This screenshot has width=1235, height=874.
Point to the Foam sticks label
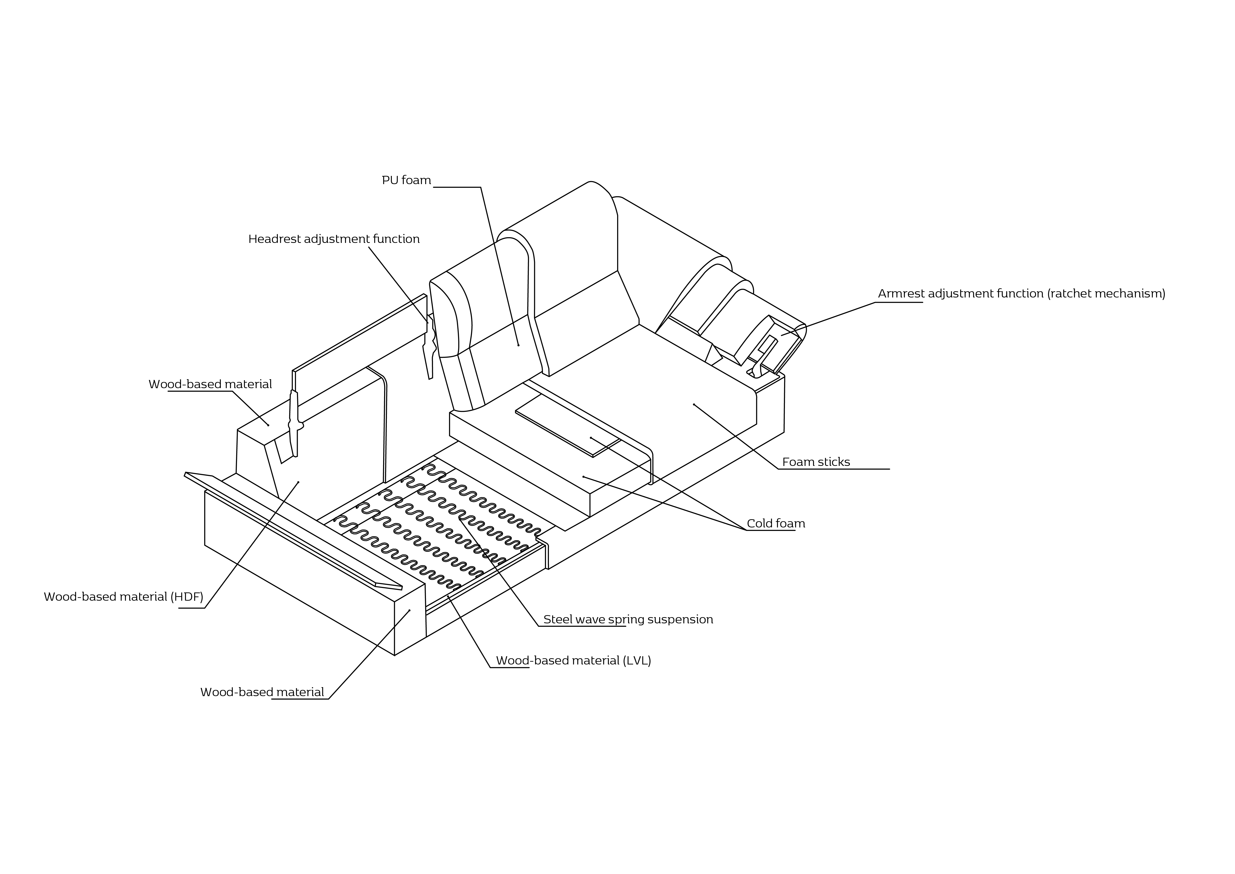pos(816,462)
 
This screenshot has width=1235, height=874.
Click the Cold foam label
pos(776,524)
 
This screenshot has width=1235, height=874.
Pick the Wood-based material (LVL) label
pos(573,661)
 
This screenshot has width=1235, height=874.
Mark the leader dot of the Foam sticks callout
pos(694,404)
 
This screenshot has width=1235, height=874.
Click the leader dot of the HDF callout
pos(298,482)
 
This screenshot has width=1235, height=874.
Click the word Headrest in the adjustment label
pos(274,239)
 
